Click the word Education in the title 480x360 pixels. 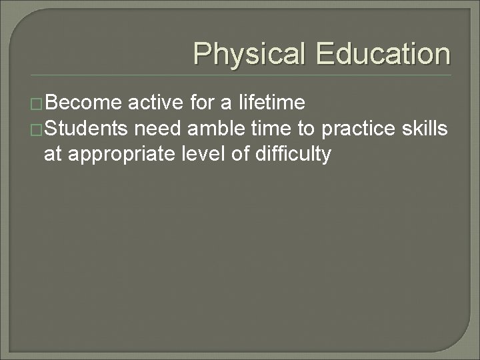383,54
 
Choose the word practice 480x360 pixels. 360,129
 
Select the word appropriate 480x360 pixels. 122,154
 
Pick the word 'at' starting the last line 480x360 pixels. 52,155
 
